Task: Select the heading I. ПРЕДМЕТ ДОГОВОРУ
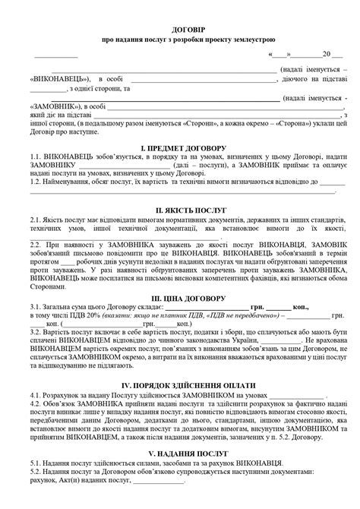(x=179, y=145)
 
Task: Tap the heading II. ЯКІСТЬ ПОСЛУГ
(x=179, y=207)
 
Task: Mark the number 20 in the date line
(x=325, y=55)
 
